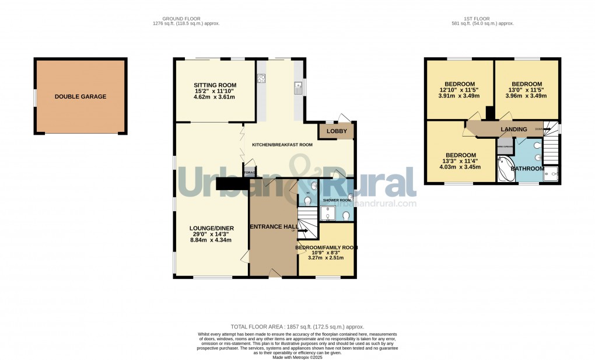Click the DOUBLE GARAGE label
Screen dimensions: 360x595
80,97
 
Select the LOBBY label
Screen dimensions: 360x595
336,131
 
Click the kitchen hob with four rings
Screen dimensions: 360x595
261,79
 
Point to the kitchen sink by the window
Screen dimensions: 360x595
298,88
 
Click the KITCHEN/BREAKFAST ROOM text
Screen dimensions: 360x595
282,145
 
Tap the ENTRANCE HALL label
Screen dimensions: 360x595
274,226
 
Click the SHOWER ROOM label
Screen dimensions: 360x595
337,200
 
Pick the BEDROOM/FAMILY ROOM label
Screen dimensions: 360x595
326,247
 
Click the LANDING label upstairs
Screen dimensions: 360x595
513,129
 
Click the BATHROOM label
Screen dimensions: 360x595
527,169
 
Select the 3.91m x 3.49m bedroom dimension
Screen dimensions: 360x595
459,96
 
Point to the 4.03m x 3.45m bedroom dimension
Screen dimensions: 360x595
460,167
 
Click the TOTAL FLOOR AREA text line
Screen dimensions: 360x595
297,327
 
